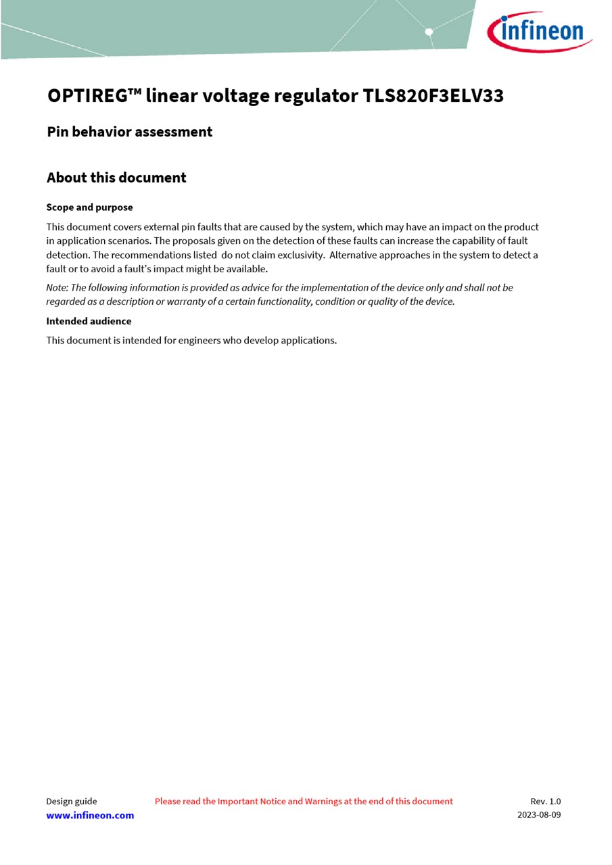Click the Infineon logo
[539, 31]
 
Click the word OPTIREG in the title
[87, 96]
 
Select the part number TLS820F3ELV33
[433, 96]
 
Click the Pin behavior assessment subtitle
[129, 132]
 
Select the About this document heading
[116, 178]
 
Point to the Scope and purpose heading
[89, 207]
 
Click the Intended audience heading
[89, 321]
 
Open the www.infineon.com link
[90, 816]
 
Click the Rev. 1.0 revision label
[545, 801]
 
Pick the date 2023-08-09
[539, 815]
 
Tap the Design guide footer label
[71, 801]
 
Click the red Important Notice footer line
[304, 801]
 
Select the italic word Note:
[57, 288]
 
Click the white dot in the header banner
[429, 32]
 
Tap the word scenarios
[129, 241]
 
